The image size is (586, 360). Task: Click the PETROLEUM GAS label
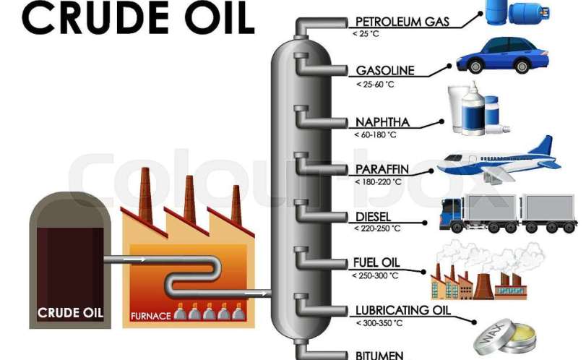pyautogui.click(x=402, y=22)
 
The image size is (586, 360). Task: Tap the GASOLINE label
pyautogui.click(x=385, y=71)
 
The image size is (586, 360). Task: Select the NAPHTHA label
pyautogui.click(x=383, y=121)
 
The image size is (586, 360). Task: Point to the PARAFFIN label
pyautogui.click(x=382, y=170)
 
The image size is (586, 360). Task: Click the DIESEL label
pyautogui.click(x=373, y=217)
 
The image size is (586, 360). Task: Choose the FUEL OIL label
pyautogui.click(x=376, y=263)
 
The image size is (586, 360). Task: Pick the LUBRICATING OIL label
pyautogui.click(x=402, y=311)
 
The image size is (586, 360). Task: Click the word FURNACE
pyautogui.click(x=150, y=316)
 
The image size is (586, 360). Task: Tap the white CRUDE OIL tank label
pyautogui.click(x=70, y=313)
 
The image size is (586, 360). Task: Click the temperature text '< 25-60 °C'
pyautogui.click(x=375, y=85)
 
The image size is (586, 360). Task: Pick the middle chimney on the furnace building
pyautogui.click(x=190, y=191)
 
